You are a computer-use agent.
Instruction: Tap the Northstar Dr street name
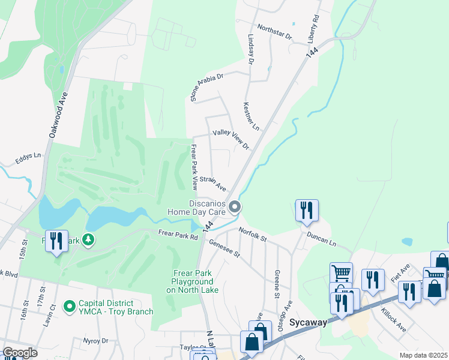pyautogui.click(x=274, y=32)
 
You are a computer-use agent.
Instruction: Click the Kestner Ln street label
pyautogui.click(x=250, y=116)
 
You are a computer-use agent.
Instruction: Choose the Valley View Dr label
pyautogui.click(x=231, y=139)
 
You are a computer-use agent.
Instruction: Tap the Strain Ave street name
pyautogui.click(x=212, y=182)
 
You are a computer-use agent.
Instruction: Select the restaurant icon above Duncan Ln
pyautogui.click(x=306, y=210)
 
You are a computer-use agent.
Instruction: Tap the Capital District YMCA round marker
pyautogui.click(x=70, y=307)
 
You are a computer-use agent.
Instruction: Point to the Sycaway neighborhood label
pyautogui.click(x=308, y=322)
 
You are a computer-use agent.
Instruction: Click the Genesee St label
pyautogui.click(x=224, y=247)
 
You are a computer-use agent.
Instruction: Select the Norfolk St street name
pyautogui.click(x=252, y=233)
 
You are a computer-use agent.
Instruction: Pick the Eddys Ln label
pyautogui.click(x=28, y=158)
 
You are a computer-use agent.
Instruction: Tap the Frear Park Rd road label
pyautogui.click(x=178, y=235)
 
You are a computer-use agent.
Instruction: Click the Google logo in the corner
pyautogui.click(x=20, y=353)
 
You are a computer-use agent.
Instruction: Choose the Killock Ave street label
pyautogui.click(x=393, y=321)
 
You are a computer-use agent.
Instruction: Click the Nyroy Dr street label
pyautogui.click(x=97, y=340)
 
